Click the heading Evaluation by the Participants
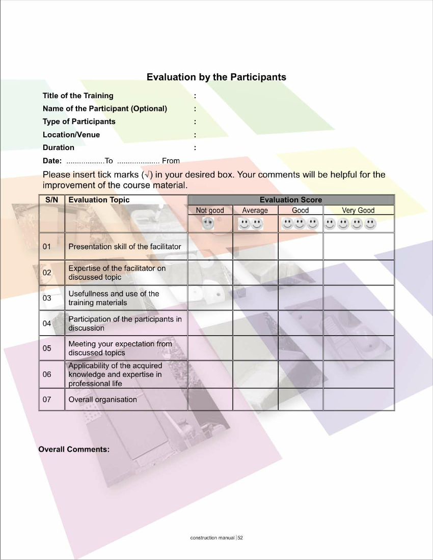pyautogui.click(x=216, y=77)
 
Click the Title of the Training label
pyautogui.click(x=78, y=96)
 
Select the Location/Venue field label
pyautogui.click(x=71, y=135)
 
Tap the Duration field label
pyautogui.click(x=58, y=148)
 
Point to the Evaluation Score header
pyautogui.click(x=290, y=200)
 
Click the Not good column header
pyautogui.click(x=210, y=210)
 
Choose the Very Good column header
pyautogui.click(x=358, y=210)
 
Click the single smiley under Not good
pyautogui.click(x=208, y=223)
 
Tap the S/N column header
pyautogui.click(x=51, y=200)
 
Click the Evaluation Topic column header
pyautogui.click(x=99, y=200)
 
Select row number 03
pyautogui.click(x=47, y=298)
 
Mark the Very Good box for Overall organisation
pyautogui.click(x=359, y=399)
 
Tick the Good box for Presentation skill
pyautogui.click(x=300, y=246)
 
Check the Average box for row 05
pyautogui.click(x=255, y=348)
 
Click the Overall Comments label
pyautogui.click(x=74, y=449)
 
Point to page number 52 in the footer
pyautogui.click(x=240, y=537)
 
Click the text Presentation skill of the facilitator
pyautogui.click(x=125, y=247)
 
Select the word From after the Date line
pyautogui.click(x=171, y=161)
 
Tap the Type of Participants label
pyautogui.click(x=79, y=122)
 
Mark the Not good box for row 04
pyautogui.click(x=210, y=323)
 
